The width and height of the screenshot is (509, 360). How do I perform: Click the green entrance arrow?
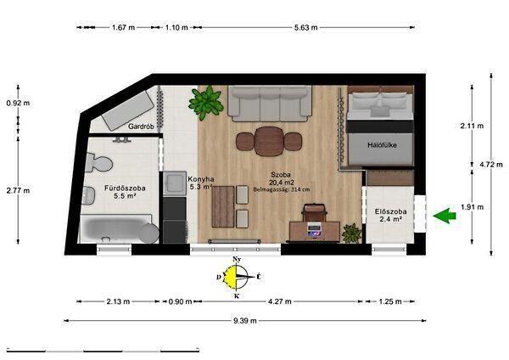[x=445, y=216]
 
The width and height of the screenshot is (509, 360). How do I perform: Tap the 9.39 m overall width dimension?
[x=245, y=321]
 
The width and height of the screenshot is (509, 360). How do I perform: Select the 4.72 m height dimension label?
[x=491, y=165]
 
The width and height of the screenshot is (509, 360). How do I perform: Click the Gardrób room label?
[x=141, y=126]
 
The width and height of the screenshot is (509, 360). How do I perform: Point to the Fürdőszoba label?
[x=125, y=188]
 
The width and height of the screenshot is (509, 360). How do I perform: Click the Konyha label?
[x=201, y=179]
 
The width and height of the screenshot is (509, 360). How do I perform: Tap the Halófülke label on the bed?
[x=382, y=145]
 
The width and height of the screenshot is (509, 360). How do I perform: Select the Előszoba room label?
[x=391, y=211]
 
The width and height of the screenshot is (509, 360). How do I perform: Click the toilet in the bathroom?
[x=99, y=163]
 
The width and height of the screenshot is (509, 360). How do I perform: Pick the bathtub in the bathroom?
[x=116, y=228]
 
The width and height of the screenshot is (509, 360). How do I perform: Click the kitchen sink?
[x=175, y=183]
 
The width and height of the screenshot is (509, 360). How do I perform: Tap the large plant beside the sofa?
[x=206, y=103]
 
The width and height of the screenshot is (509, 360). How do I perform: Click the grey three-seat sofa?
[x=270, y=104]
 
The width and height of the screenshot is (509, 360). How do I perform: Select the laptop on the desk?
[x=314, y=230]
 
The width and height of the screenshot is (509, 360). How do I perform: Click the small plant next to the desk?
[x=351, y=233]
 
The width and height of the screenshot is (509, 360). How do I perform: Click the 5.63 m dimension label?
[x=305, y=28]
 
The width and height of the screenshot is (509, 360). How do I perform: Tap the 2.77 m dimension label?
[x=18, y=190]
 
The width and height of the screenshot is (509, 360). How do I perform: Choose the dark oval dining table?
[x=269, y=141]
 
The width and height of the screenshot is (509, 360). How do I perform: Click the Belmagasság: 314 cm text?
[x=281, y=189]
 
